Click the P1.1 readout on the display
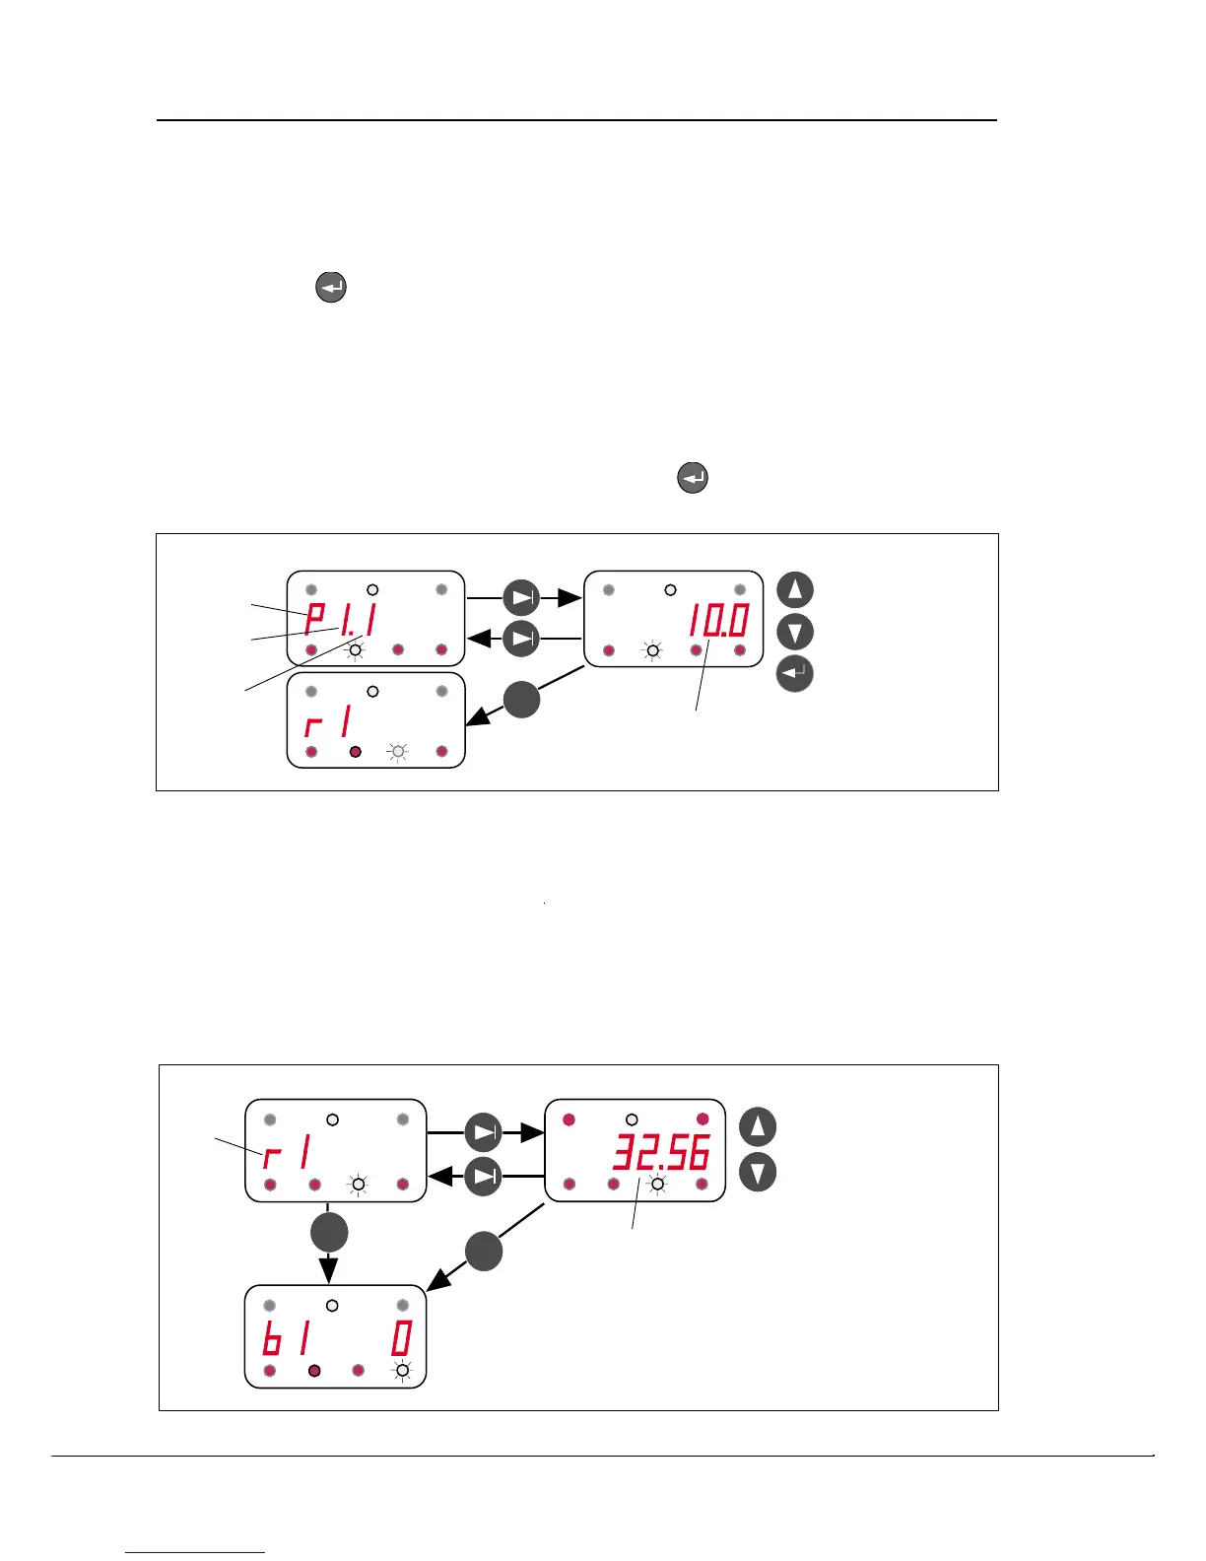341,620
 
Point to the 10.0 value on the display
718,621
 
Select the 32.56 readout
661,1152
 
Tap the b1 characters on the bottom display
287,1339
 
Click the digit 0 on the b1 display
401,1339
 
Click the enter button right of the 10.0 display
795,674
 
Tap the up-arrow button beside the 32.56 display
758,1126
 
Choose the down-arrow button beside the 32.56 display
758,1173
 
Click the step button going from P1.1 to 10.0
522,597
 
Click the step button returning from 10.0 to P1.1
522,639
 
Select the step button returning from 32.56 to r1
483,1176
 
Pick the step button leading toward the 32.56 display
483,1132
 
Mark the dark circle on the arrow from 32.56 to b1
484,1251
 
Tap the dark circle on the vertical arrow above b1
329,1232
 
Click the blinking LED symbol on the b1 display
402,1370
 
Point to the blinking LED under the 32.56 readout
657,1184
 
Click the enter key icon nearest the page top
331,288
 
